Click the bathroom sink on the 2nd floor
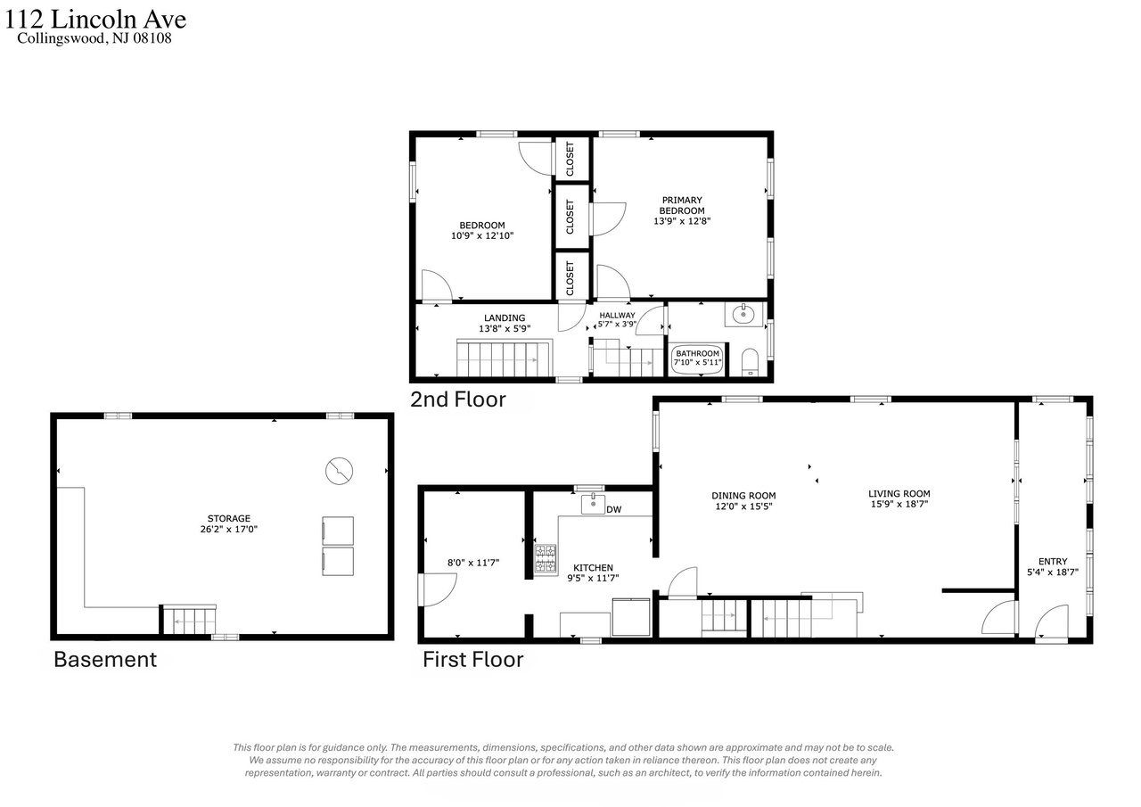tap(743, 314)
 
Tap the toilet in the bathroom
tap(750, 362)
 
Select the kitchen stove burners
tap(545, 558)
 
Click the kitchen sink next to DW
tap(593, 504)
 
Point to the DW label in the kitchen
tap(614, 509)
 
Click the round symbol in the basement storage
tap(340, 471)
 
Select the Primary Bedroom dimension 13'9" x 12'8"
tap(682, 221)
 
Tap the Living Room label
tap(899, 494)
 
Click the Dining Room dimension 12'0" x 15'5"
tap(743, 506)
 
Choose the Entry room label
tap(1053, 562)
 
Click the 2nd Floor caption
tap(458, 400)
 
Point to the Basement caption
tap(105, 660)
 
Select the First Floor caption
tap(473, 660)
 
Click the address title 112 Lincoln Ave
tap(95, 20)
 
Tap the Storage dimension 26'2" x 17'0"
tap(229, 530)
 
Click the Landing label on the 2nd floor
tap(505, 318)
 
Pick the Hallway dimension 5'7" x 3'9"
tap(618, 324)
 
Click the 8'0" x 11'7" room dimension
tap(473, 563)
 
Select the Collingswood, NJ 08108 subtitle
tap(94, 38)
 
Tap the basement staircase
tap(189, 621)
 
